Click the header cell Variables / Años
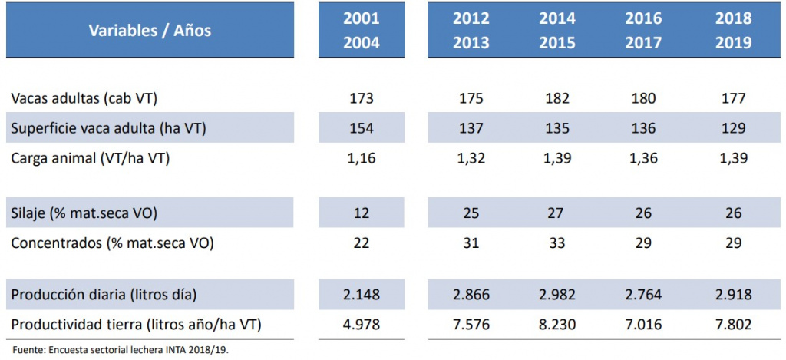150,31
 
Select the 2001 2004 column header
362,31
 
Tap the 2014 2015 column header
557,31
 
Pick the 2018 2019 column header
733,31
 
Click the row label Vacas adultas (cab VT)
84,97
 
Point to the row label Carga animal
91,158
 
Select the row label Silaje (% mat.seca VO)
84,213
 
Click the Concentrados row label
112,243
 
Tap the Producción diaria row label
104,294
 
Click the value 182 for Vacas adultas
557,97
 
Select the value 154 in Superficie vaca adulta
362,128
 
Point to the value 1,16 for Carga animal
362,158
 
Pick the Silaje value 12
362,213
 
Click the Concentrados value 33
557,243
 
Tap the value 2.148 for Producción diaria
362,294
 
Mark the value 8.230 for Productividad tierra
557,325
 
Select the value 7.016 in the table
643,325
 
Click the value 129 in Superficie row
733,128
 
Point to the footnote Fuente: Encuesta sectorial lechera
124,348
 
